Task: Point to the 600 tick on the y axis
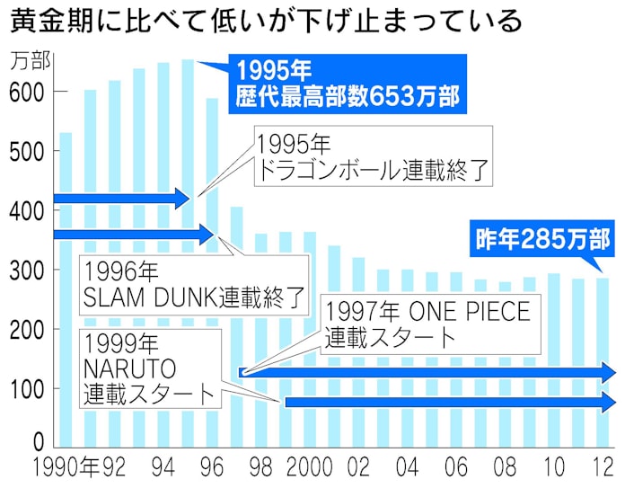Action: click(28, 92)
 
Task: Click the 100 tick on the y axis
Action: click(28, 388)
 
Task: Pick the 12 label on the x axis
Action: click(603, 468)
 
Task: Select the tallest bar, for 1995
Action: click(188, 252)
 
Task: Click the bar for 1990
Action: click(66, 288)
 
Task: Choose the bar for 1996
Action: click(212, 270)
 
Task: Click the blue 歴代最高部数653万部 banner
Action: click(348, 83)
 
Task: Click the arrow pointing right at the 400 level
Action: click(120, 199)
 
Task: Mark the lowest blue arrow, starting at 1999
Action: click(449, 402)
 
